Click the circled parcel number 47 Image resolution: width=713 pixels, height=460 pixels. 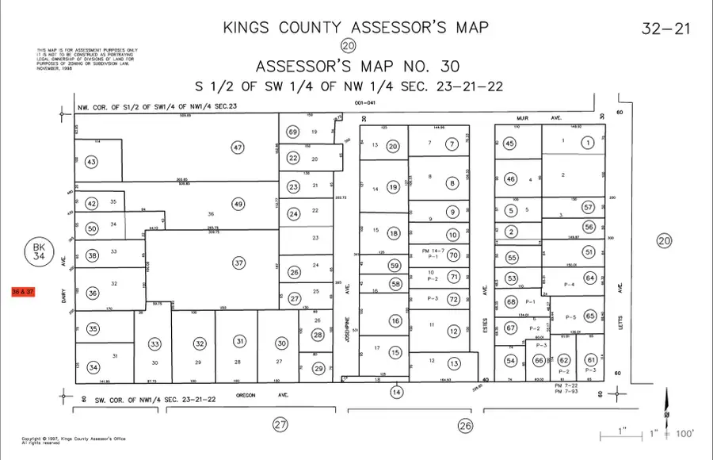238,147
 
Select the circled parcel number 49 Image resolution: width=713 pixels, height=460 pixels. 238,204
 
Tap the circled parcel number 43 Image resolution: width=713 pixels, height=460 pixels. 92,163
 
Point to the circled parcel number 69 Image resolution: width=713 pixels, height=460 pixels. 293,132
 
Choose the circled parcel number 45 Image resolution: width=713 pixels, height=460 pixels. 510,144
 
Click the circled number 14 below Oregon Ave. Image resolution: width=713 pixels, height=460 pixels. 396,392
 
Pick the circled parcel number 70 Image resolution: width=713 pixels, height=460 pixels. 454,255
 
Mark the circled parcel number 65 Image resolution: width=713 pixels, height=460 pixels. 589,316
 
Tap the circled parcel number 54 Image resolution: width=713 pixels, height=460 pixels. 511,361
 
